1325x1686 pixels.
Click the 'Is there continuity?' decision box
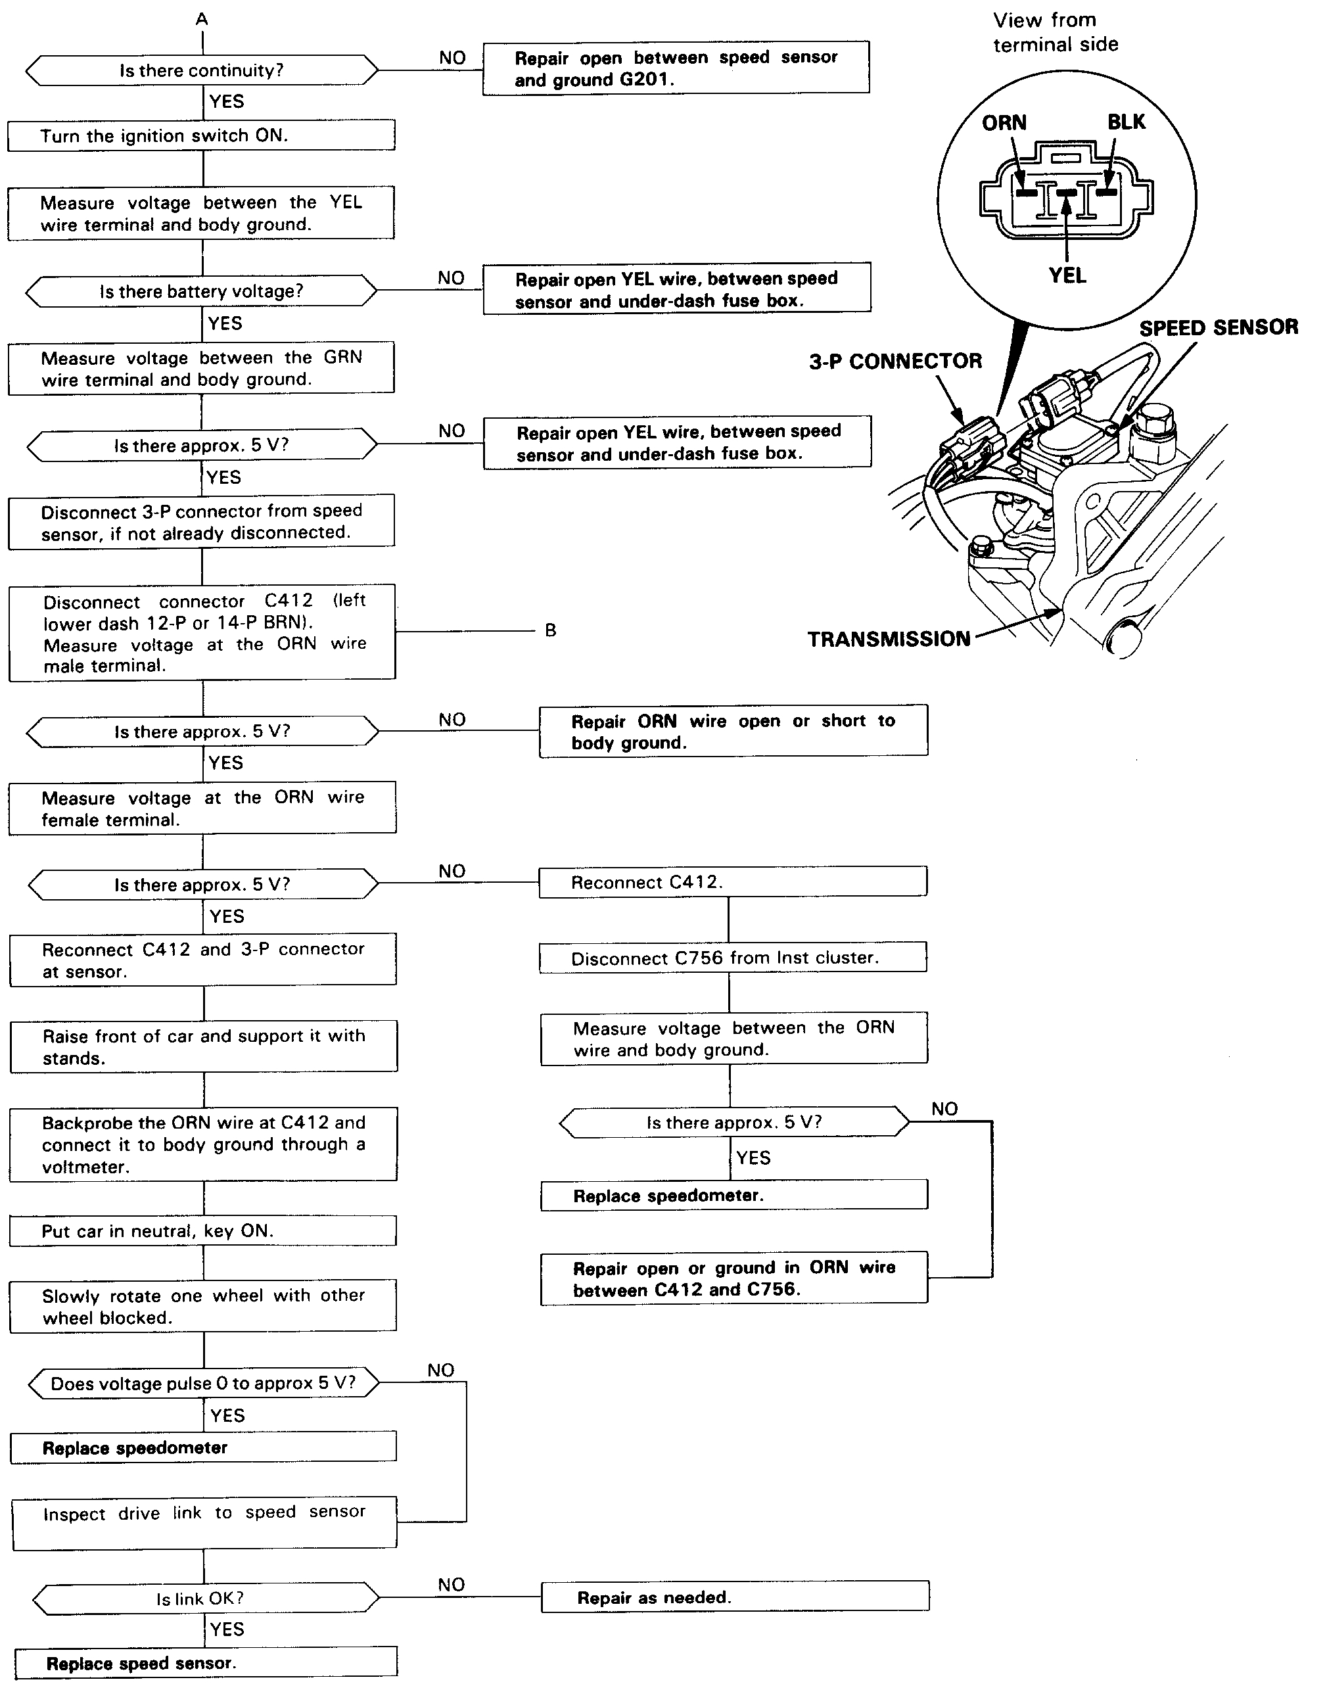coord(202,70)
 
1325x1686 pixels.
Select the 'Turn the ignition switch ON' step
coord(201,136)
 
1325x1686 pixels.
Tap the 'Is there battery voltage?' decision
coord(201,292)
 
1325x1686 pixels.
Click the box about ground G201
coord(675,68)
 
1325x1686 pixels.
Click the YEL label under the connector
coord(1067,276)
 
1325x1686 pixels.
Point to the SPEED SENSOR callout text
coord(1218,328)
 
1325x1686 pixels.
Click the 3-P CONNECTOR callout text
coord(895,362)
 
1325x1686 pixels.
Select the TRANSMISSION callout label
coord(889,640)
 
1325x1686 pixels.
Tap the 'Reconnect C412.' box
coord(732,882)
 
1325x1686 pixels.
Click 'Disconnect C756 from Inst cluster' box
coord(732,958)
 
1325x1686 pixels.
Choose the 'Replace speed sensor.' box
coord(206,1664)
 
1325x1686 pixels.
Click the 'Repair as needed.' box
coord(734,1597)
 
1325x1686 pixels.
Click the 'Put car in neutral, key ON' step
coord(202,1231)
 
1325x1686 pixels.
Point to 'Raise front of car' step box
coord(203,1046)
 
